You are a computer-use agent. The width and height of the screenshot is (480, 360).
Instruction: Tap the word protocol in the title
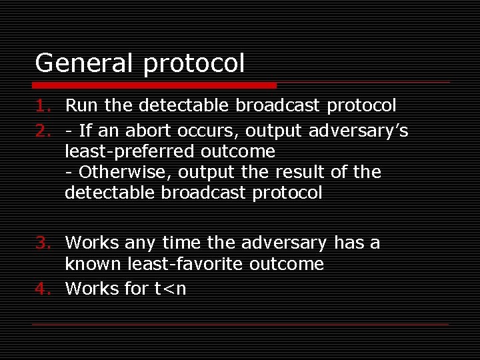pos(194,65)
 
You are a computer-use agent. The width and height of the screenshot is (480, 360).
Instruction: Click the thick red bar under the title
pos(155,85)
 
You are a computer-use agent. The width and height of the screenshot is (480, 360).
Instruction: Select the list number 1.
pos(42,105)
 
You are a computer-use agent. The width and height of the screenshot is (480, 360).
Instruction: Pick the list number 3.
pos(42,243)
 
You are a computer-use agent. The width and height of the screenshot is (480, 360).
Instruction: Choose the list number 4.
pos(42,289)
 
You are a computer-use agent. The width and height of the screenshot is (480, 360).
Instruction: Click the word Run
pos(80,105)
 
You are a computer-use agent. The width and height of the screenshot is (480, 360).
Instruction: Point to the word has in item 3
pos(348,243)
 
